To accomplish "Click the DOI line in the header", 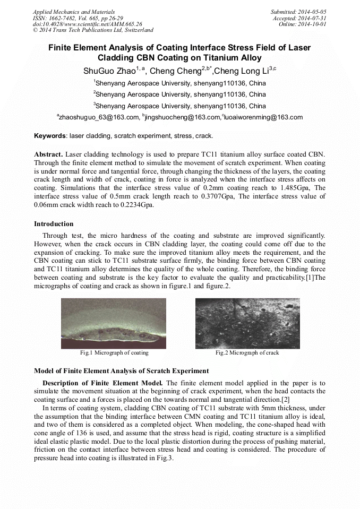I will (87, 24).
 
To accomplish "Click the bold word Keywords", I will (50, 136).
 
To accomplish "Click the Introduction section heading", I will (54, 224).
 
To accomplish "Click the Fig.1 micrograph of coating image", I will (114, 323).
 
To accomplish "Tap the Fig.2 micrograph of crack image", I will (247, 323).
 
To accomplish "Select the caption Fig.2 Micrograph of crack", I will (247, 352).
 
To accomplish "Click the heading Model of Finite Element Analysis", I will (121, 371).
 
